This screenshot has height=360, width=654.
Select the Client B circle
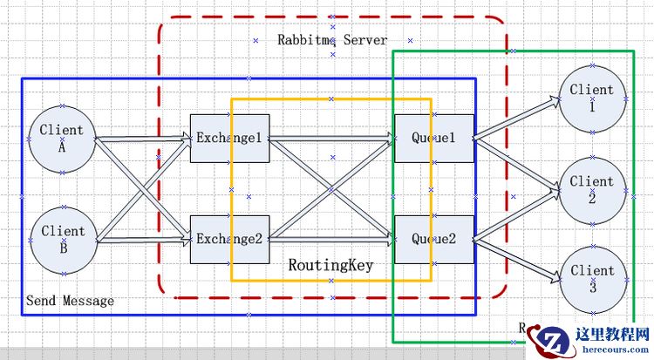(x=62, y=239)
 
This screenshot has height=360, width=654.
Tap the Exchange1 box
(x=228, y=138)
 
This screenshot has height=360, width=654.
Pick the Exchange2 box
(x=228, y=239)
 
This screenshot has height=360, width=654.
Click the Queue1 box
(x=433, y=138)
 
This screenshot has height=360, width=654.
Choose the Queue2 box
(x=433, y=239)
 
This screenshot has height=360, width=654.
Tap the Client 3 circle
(x=592, y=278)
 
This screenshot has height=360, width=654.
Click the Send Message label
(x=70, y=301)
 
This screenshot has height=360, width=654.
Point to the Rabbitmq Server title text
(x=332, y=39)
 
